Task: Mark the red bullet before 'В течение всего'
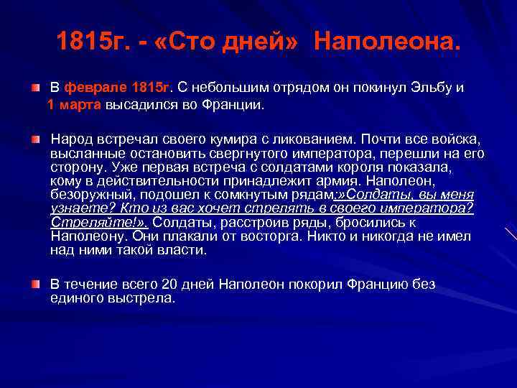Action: pyautogui.click(x=34, y=285)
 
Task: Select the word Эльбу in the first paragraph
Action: pyautogui.click(x=431, y=88)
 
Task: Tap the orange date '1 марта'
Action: pyautogui.click(x=75, y=104)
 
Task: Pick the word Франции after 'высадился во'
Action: pyautogui.click(x=237, y=104)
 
